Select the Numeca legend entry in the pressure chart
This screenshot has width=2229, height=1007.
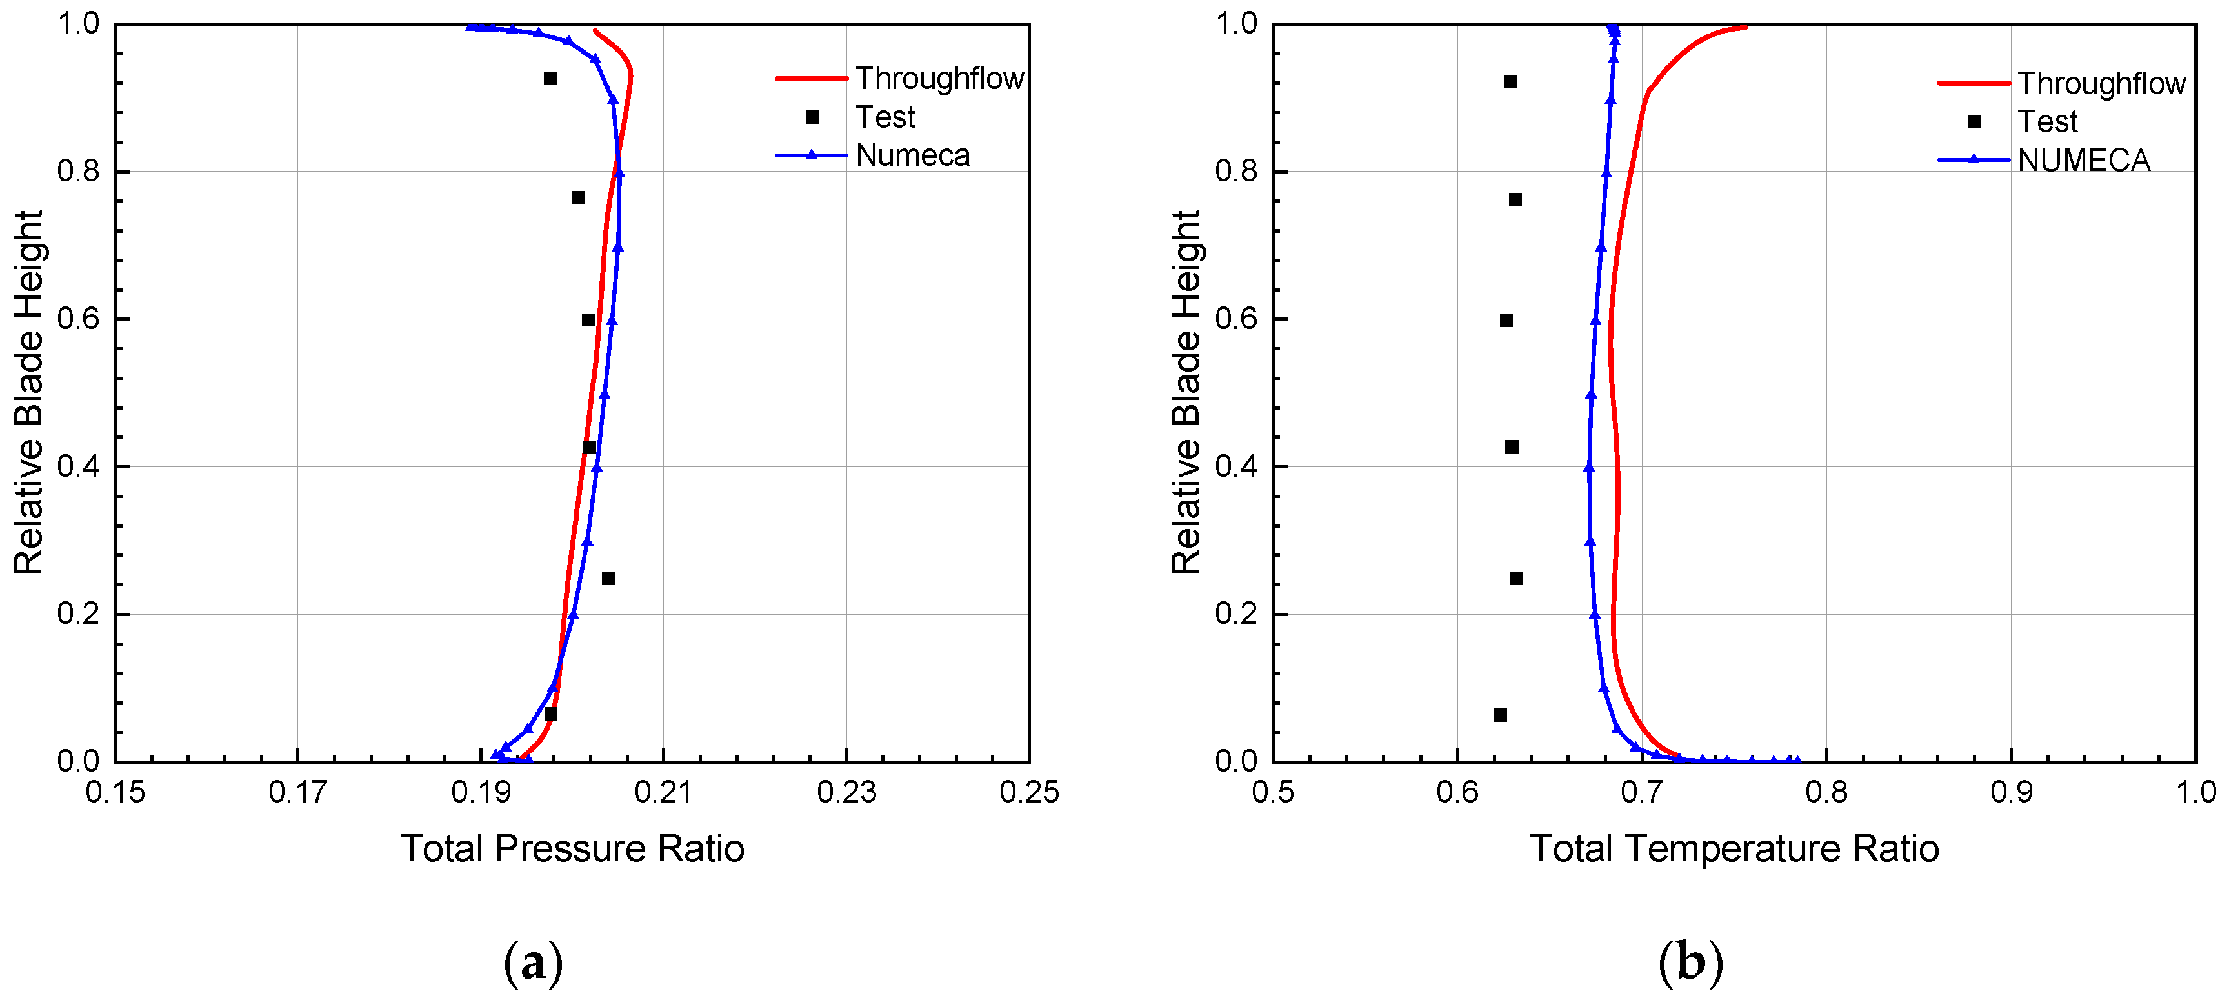pyautogui.click(x=912, y=155)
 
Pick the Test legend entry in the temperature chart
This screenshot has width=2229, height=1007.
pyautogui.click(x=2046, y=122)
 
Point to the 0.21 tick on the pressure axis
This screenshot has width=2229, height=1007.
pyautogui.click(x=663, y=792)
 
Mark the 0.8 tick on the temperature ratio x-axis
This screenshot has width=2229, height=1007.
pyautogui.click(x=1826, y=792)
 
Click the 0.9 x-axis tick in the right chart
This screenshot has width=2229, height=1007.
pyautogui.click(x=2010, y=792)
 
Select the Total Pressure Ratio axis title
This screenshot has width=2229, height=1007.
pyautogui.click(x=572, y=849)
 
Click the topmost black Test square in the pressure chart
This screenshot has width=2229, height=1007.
pyautogui.click(x=550, y=79)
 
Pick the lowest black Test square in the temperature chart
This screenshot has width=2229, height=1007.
pyautogui.click(x=1499, y=715)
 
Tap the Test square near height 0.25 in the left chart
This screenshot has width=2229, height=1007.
pyautogui.click(x=608, y=579)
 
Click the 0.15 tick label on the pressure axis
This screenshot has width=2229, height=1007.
pyautogui.click(x=115, y=792)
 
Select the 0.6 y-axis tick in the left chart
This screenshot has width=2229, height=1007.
pyautogui.click(x=78, y=319)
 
